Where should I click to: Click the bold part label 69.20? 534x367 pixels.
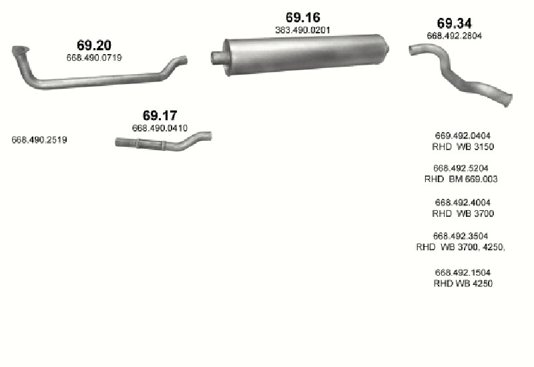click(94, 45)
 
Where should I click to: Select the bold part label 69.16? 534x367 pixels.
click(303, 17)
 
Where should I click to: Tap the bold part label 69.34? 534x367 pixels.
click(455, 23)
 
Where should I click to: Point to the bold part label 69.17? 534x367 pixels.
click(160, 115)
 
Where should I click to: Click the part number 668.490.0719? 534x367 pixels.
click(94, 57)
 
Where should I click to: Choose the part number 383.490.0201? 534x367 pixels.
click(303, 30)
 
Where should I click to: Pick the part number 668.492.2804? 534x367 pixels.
click(455, 36)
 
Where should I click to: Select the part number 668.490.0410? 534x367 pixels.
click(160, 128)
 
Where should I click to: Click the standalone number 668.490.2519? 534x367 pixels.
click(39, 140)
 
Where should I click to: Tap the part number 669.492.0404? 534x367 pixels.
click(463, 136)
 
